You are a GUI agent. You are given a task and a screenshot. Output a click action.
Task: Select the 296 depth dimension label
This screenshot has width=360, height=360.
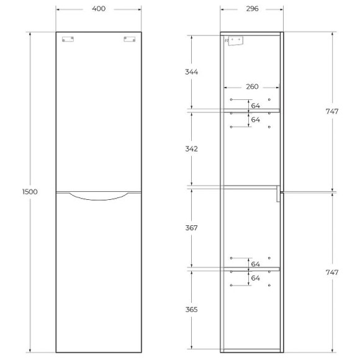251,9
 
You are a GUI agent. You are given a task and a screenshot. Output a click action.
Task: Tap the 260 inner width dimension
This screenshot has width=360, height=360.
251,87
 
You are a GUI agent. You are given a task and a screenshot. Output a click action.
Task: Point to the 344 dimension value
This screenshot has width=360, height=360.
191,72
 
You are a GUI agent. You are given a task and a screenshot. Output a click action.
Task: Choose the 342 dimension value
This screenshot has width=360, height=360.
191,150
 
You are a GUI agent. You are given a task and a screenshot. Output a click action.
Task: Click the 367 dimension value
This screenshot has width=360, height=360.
191,228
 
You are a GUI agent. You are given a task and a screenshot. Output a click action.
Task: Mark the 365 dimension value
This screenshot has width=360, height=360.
191,308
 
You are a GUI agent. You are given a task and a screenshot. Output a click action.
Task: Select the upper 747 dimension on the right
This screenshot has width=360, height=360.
332,112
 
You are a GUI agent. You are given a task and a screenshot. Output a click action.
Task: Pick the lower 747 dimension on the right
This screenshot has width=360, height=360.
332,272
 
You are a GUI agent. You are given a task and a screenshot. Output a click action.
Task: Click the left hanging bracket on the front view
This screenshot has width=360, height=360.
68,40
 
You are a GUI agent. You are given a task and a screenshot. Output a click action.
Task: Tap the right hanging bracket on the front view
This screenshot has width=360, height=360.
129,40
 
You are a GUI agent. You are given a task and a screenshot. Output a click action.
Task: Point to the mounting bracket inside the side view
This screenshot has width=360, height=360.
235,41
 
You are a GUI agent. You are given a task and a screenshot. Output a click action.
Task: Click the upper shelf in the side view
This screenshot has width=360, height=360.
251,110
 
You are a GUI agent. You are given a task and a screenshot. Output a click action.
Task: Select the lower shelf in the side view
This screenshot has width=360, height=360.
251,269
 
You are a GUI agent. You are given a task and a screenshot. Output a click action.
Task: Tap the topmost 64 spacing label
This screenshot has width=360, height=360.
256,106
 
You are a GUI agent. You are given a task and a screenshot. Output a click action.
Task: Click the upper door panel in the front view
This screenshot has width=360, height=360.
102,112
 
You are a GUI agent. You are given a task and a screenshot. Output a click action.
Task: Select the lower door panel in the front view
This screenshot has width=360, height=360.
102,273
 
